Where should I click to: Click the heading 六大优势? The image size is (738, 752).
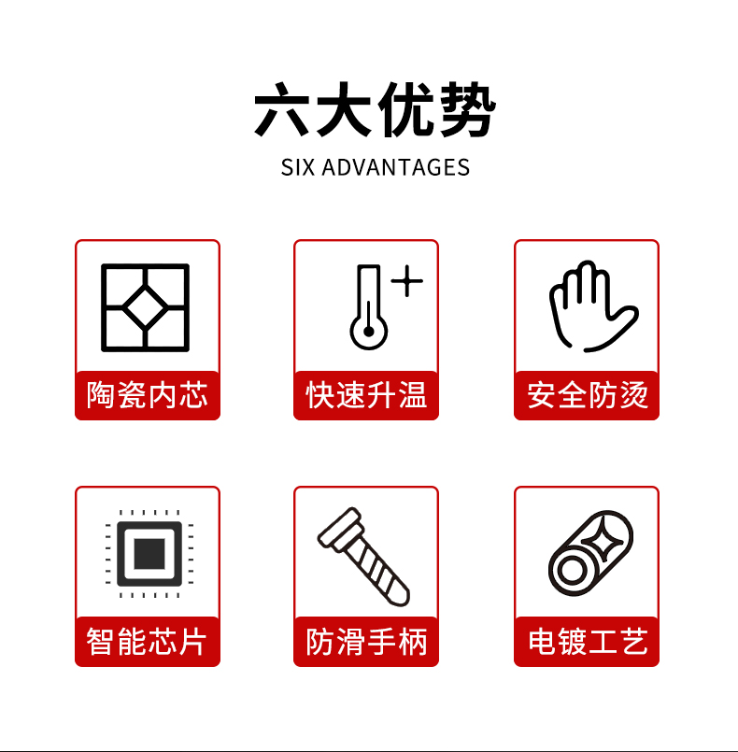tap(375, 109)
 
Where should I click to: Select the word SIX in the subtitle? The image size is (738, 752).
tap(297, 167)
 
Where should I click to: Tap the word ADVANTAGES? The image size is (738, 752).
tap(395, 167)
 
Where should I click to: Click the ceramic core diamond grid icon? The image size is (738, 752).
tap(146, 307)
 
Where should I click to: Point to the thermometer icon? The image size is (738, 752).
tap(368, 306)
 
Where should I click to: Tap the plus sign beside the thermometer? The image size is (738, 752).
tap(407, 280)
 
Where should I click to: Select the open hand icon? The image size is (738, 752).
tap(593, 306)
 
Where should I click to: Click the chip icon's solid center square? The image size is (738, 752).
tap(149, 554)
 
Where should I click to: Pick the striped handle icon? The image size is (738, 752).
tap(363, 557)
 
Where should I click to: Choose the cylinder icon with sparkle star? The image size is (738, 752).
tap(590, 553)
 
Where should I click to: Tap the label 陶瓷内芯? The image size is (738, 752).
tap(148, 395)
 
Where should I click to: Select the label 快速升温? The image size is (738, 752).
tap(366, 395)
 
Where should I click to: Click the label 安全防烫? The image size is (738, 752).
tap(587, 395)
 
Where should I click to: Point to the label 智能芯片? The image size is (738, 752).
tap(147, 641)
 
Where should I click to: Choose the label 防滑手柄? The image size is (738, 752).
tap(366, 641)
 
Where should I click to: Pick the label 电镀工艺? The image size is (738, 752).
tap(588, 641)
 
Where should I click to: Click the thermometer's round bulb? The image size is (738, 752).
tap(368, 332)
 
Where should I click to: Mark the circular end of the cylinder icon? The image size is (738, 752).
tap(571, 571)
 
